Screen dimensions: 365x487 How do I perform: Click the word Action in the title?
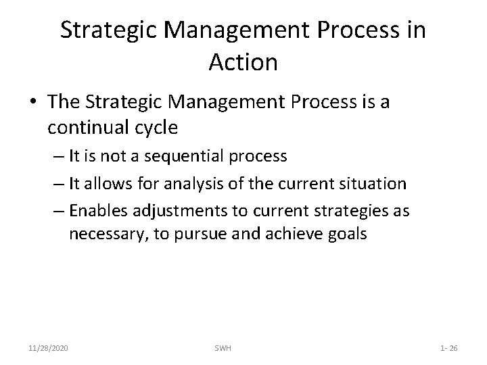(x=243, y=62)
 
